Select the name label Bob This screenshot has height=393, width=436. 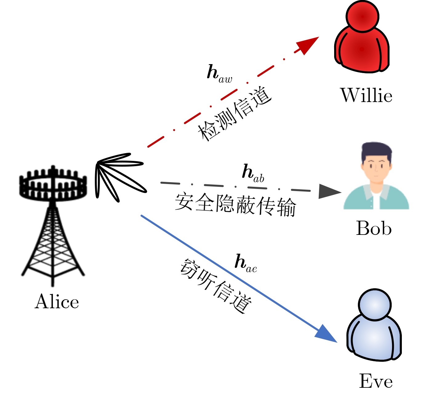[x=374, y=228]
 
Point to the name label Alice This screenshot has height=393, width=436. [x=57, y=301]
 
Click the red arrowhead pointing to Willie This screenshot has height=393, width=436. [x=306, y=44]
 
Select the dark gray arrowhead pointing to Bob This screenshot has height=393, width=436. [x=329, y=191]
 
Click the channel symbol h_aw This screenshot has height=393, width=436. [x=219, y=74]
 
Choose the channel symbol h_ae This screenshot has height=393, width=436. [x=245, y=264]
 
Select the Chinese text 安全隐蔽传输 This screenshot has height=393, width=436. [x=235, y=205]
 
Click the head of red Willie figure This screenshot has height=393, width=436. [x=362, y=16]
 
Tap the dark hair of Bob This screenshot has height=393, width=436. [x=376, y=151]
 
